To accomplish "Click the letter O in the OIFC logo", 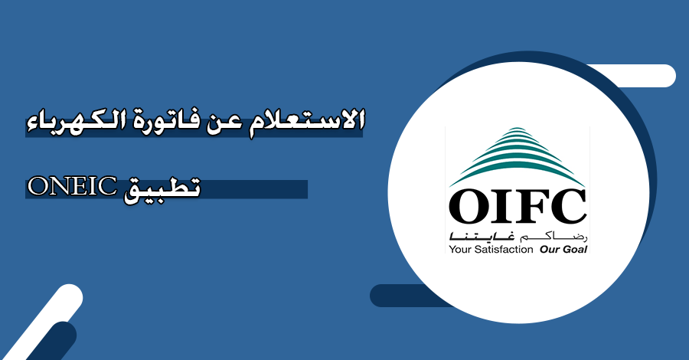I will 469,207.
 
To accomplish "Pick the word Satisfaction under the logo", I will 502,249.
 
